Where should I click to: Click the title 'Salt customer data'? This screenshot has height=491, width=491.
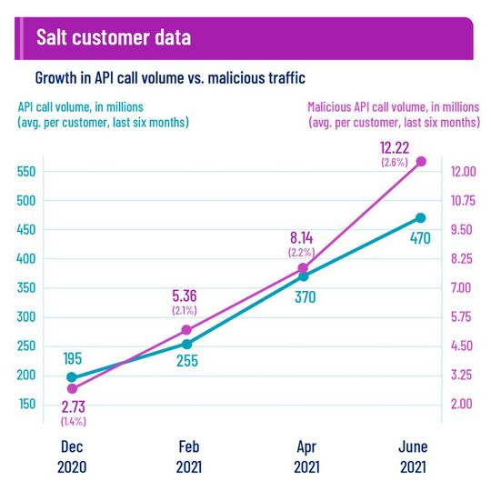113,38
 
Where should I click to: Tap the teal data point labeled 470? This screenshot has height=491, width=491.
420,217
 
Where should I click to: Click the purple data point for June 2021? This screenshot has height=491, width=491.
420,161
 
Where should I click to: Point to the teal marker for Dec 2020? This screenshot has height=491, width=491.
72,377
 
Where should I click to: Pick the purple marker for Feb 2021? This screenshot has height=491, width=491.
186,330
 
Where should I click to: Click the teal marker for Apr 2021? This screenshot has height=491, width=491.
304,276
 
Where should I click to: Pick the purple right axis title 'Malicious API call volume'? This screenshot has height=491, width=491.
393,114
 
